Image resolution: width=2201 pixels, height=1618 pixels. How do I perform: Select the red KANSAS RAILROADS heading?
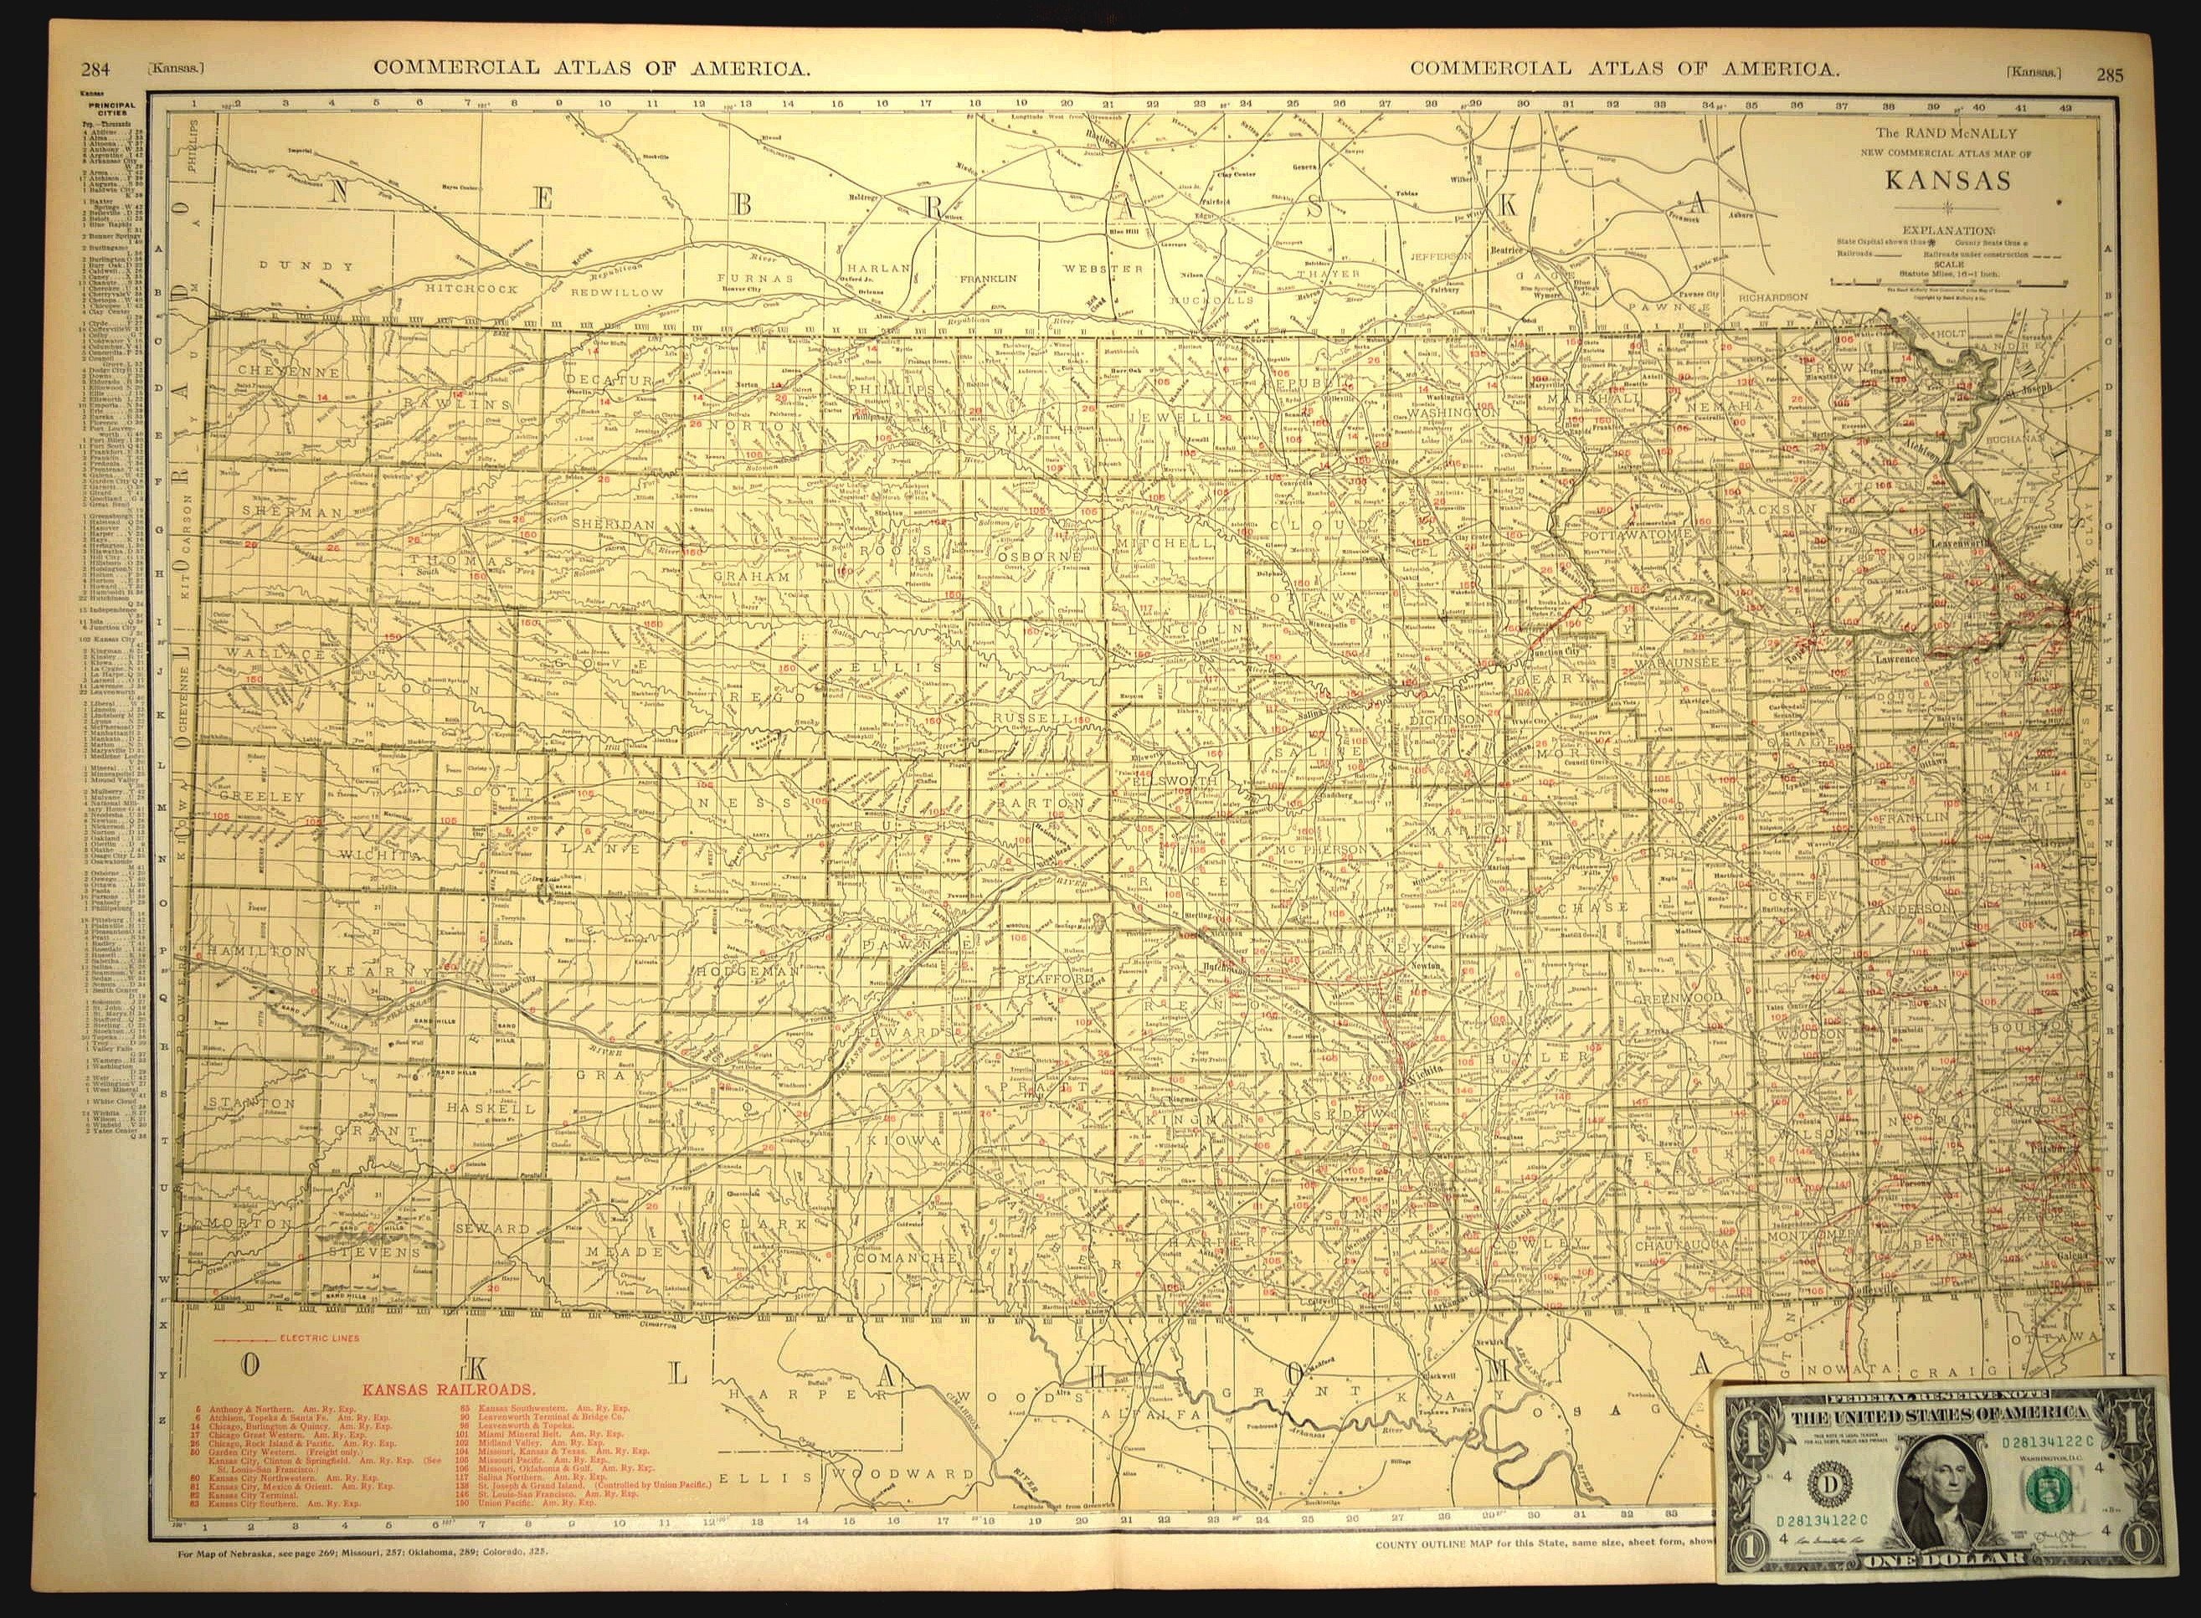[450, 1389]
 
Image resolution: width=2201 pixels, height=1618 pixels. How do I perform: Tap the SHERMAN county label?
[281, 511]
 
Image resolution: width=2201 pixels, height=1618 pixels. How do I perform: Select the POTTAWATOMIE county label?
[1636, 536]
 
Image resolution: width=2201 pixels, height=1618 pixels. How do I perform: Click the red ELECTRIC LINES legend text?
[318, 1338]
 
